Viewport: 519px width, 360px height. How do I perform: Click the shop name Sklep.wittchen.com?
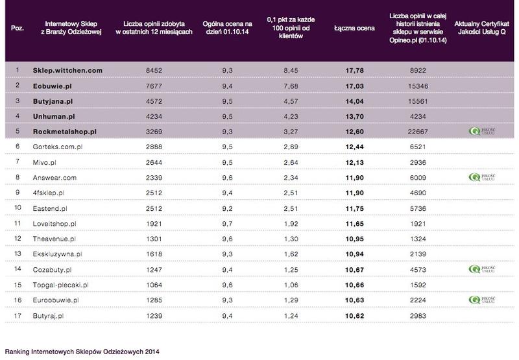point(67,71)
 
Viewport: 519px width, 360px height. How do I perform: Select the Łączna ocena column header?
point(354,28)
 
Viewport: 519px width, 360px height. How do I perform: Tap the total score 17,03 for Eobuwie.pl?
point(354,86)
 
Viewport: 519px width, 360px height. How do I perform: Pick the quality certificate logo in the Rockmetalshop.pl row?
point(482,132)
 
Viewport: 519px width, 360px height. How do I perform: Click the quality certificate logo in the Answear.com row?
point(482,177)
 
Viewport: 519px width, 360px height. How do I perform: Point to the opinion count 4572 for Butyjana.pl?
point(154,101)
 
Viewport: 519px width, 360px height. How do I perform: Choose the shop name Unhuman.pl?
point(54,117)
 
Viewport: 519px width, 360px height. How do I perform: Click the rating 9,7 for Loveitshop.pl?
point(228,224)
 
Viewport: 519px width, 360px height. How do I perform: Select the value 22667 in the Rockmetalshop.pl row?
point(418,132)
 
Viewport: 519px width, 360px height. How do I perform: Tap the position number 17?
point(18,316)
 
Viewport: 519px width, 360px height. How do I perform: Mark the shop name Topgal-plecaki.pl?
point(60,285)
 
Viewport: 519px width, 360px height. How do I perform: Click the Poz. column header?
point(18,28)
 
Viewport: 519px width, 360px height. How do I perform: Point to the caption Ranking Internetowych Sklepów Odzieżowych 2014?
point(82,352)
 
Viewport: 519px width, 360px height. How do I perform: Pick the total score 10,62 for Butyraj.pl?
point(354,316)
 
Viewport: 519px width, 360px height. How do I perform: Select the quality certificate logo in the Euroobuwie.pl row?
point(482,300)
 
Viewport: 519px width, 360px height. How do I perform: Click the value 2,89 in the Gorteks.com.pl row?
point(291,147)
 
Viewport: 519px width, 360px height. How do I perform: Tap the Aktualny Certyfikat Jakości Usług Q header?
point(481,28)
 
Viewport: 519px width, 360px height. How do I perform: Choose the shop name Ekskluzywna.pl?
point(57,254)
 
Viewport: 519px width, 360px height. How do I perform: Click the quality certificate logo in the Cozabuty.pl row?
point(482,269)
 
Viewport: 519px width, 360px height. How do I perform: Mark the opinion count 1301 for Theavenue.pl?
point(154,239)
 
